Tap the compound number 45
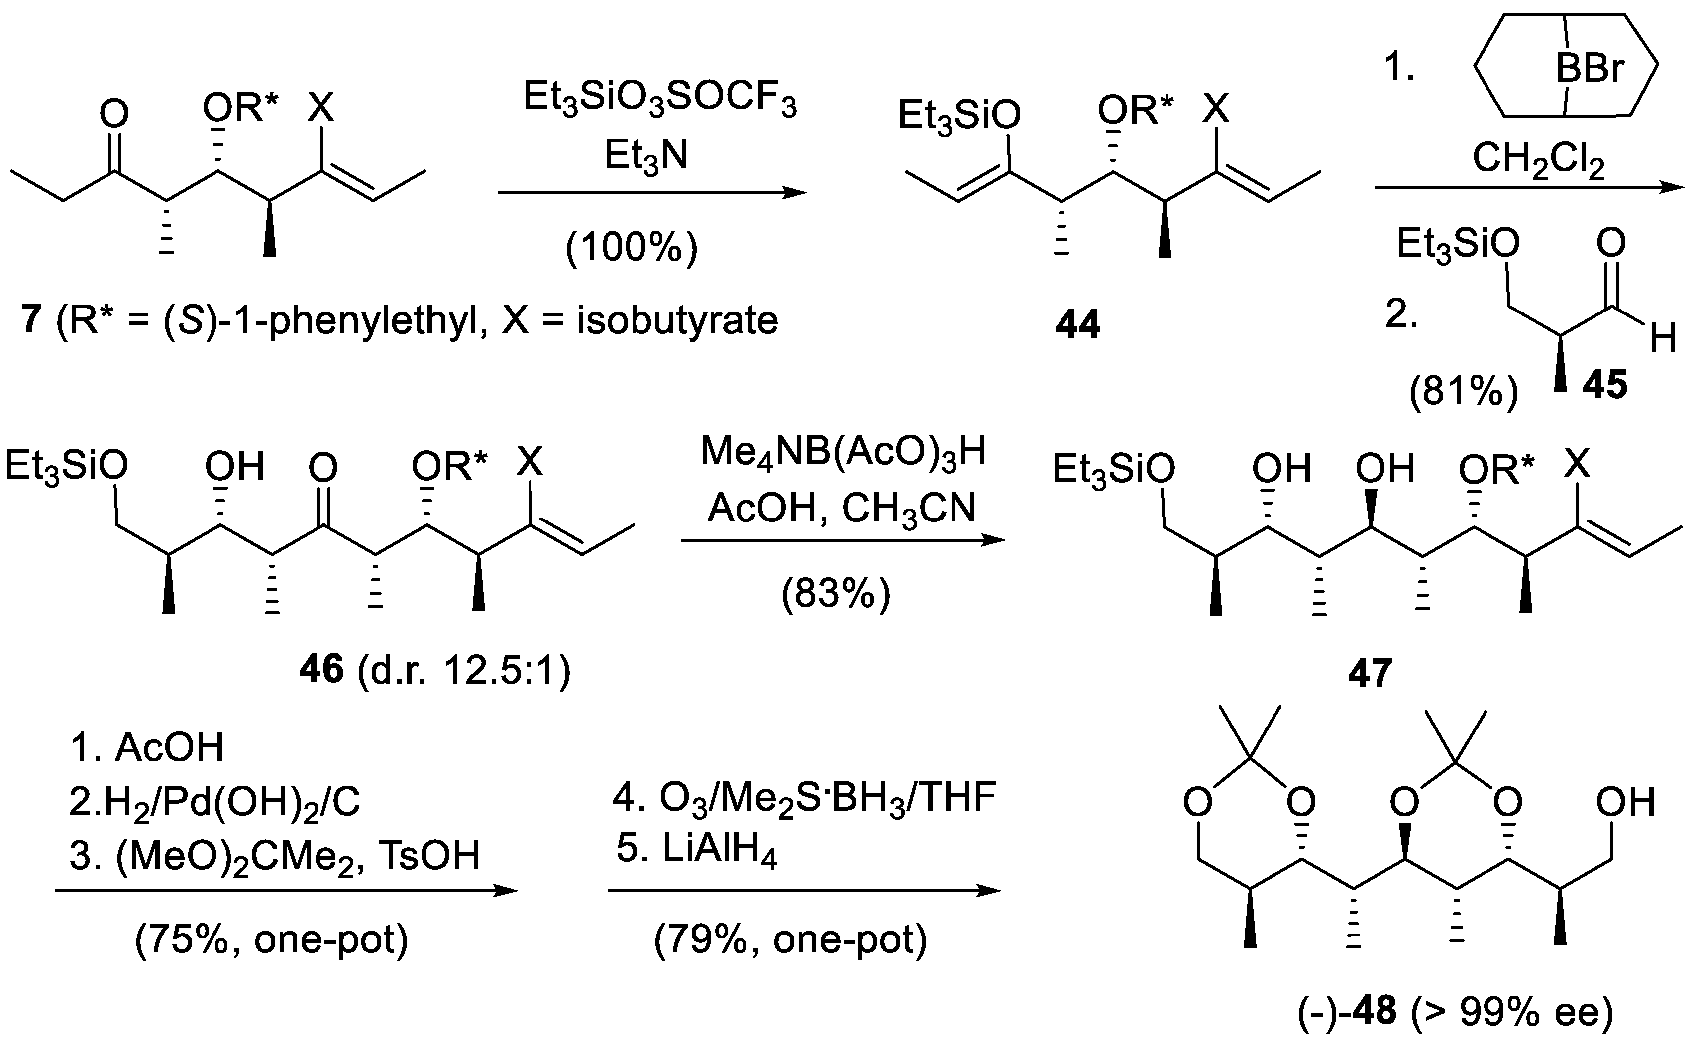[x=1604, y=384]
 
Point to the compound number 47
[x=1369, y=672]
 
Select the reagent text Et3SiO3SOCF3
[x=659, y=99]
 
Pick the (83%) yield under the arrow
[x=835, y=593]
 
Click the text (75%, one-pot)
[x=272, y=938]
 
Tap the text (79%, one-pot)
[x=790, y=938]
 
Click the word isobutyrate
[x=677, y=320]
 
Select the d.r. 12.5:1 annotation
[x=464, y=669]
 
